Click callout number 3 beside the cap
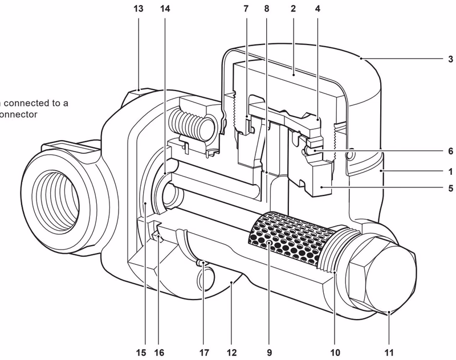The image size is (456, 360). coord(450,58)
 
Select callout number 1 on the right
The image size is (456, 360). coord(450,170)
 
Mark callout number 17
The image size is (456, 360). coord(203,352)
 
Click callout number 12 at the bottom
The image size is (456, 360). coord(230,352)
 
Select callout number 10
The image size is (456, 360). coord(336,352)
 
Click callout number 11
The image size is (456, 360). coord(389,352)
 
